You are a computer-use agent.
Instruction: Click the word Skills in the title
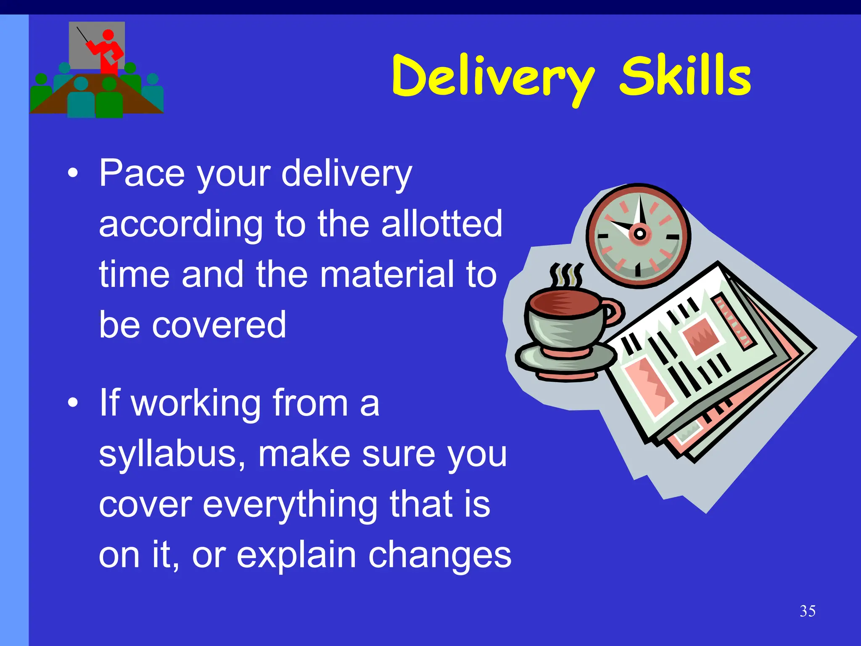point(685,76)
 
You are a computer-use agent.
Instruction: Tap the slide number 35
point(808,611)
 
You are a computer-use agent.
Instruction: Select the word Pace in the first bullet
point(142,173)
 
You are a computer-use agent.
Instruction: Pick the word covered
point(219,325)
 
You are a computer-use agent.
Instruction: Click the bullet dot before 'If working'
point(73,403)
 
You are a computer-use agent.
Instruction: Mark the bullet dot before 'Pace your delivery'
point(73,173)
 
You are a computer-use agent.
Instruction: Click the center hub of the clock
point(639,233)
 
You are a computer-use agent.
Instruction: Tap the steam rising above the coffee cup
point(566,276)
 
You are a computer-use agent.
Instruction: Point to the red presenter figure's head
point(108,35)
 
